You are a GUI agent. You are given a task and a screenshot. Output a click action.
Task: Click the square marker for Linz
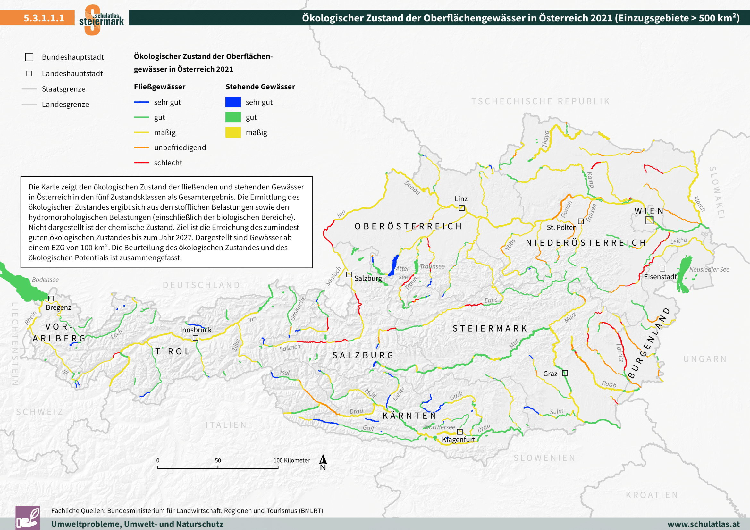tap(461, 208)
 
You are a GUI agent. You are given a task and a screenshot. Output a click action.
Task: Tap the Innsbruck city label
tap(196, 330)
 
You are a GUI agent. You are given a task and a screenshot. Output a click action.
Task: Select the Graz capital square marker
tap(565, 373)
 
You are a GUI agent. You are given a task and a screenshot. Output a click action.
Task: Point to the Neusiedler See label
tap(709, 269)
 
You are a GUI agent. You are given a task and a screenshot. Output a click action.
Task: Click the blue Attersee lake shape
tap(394, 265)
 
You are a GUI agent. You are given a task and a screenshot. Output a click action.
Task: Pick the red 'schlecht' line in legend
tap(141, 163)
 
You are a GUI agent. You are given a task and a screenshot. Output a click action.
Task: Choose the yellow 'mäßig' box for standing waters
tap(233, 132)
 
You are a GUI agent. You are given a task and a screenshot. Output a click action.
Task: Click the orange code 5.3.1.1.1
tap(44, 18)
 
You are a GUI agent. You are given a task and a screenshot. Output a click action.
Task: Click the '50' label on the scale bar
tap(218, 460)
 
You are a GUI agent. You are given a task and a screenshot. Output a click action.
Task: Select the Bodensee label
tap(46, 280)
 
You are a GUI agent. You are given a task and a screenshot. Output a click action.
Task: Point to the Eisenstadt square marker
tap(662, 268)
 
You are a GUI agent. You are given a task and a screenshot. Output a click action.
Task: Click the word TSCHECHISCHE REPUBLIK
tap(541, 101)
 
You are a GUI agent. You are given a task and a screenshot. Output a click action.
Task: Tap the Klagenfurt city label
tap(458, 440)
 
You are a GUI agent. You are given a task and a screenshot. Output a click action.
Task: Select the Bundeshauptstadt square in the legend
tap(29, 57)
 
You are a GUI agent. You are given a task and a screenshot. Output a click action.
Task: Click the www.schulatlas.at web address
tap(703, 524)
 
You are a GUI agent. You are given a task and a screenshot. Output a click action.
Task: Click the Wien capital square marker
tap(649, 220)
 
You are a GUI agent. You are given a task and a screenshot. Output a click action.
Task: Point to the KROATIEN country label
tap(652, 495)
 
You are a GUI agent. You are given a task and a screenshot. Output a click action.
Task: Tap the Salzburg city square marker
tap(349, 274)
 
